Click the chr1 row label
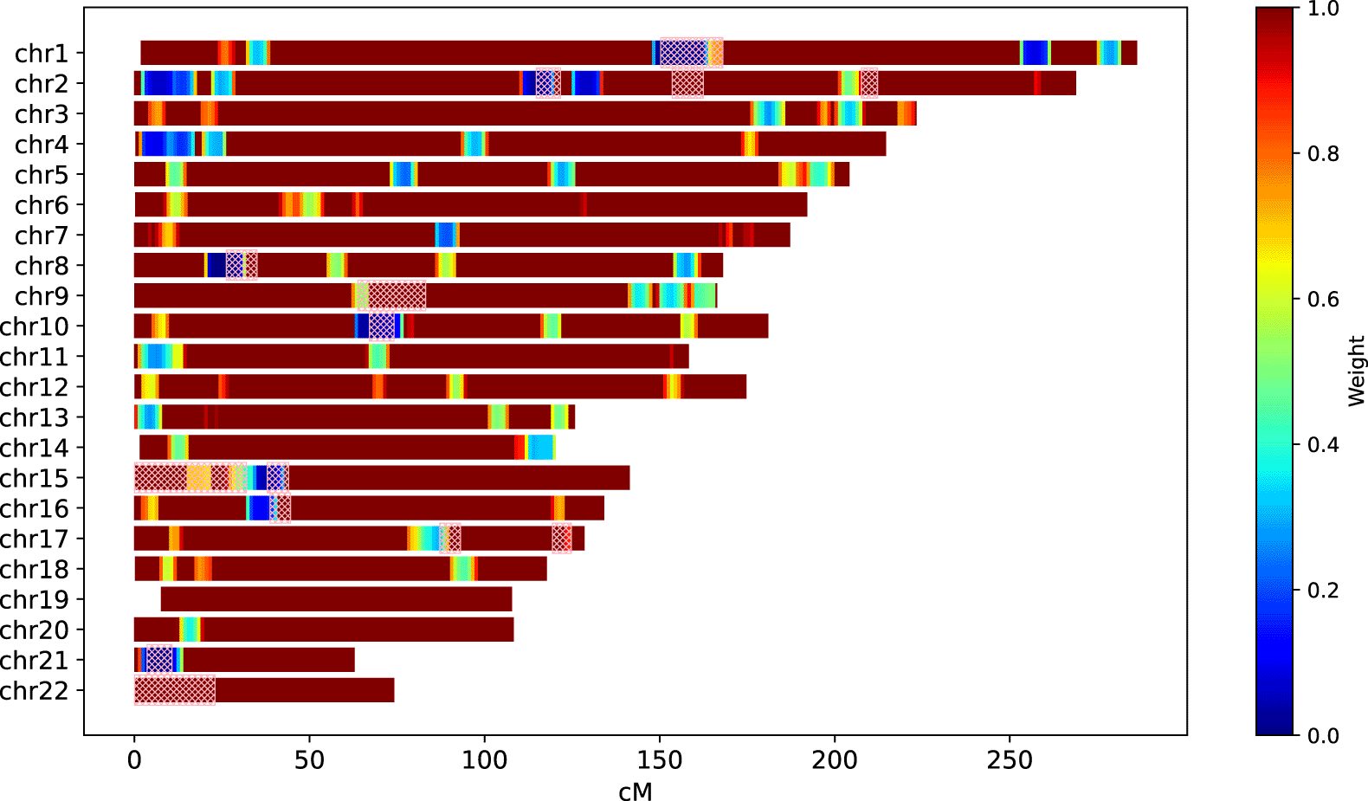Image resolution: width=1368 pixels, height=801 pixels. (42, 54)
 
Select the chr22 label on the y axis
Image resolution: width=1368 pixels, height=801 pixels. (35, 691)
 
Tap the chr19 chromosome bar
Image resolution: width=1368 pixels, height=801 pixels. (336, 599)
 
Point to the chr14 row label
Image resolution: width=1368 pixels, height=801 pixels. (35, 448)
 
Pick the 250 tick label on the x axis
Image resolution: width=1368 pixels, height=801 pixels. (1010, 760)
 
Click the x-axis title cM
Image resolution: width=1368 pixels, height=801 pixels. (636, 791)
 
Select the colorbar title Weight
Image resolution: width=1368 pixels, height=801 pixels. (1356, 371)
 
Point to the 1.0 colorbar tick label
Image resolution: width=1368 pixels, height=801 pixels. (1322, 9)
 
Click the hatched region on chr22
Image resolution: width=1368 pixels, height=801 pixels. (175, 690)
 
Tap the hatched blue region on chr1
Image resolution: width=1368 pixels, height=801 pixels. (684, 53)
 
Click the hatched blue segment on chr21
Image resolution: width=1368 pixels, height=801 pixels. (159, 660)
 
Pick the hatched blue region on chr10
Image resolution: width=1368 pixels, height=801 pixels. (382, 326)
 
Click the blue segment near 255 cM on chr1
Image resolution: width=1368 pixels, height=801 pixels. (1035, 53)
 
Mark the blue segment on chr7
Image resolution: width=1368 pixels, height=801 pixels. (445, 235)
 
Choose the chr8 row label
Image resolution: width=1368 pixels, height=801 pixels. (42, 266)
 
